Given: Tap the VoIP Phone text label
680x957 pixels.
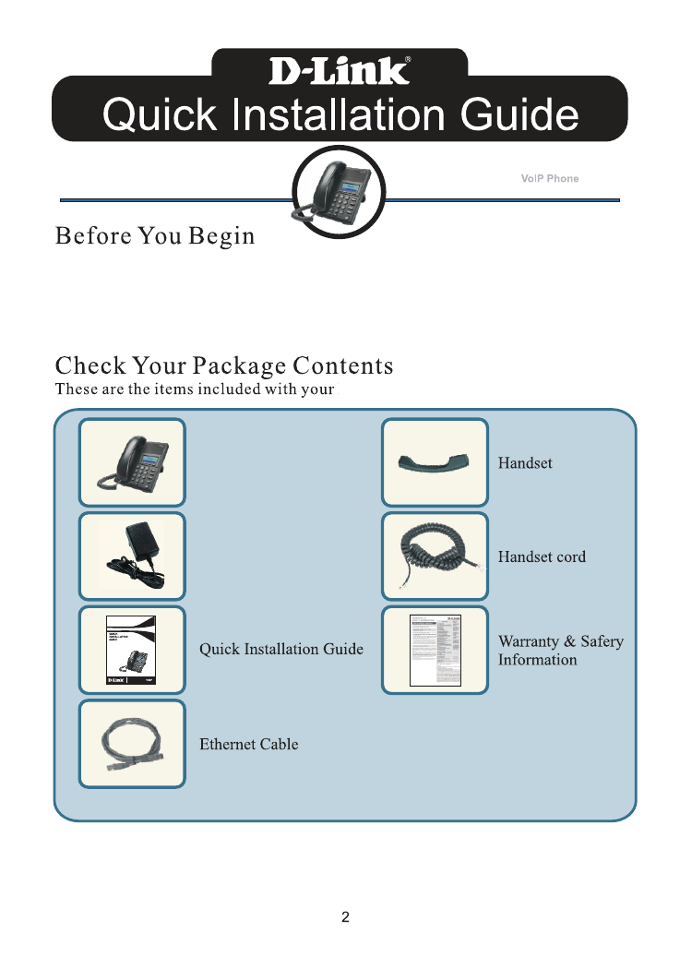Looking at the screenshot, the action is tap(550, 178).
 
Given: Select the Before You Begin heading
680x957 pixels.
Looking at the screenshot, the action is tap(155, 236).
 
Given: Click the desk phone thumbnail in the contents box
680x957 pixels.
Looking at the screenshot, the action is tap(132, 462).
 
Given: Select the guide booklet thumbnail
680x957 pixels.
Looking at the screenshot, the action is tap(132, 650).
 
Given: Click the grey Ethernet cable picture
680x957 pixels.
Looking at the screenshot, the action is tap(132, 743).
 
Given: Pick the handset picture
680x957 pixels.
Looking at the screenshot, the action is tap(435, 462).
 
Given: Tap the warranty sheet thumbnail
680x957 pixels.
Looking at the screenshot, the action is tap(435, 650).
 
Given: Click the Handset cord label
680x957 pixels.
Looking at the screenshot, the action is tap(542, 557).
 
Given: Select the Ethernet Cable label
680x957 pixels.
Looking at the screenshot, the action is tap(249, 744).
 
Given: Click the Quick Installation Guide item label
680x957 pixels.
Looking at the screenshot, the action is tap(281, 650).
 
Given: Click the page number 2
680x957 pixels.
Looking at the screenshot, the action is tap(345, 917).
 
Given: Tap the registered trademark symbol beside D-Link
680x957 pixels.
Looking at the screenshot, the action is tap(408, 59).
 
